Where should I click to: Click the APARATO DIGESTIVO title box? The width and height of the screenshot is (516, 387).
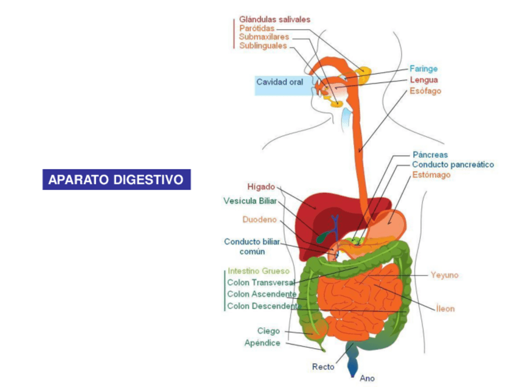pyautogui.click(x=116, y=180)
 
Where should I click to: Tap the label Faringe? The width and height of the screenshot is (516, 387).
pyautogui.click(x=423, y=69)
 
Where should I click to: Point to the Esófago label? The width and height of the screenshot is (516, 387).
pyautogui.click(x=425, y=91)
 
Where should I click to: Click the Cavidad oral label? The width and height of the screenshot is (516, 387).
pyautogui.click(x=279, y=82)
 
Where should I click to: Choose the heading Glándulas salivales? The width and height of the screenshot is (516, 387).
pyautogui.click(x=274, y=19)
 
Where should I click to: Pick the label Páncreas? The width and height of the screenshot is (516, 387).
pyautogui.click(x=430, y=155)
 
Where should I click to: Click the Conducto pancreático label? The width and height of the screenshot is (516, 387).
pyautogui.click(x=453, y=164)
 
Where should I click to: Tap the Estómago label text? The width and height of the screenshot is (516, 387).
pyautogui.click(x=431, y=175)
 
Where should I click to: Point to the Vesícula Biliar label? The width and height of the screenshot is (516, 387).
pyautogui.click(x=249, y=200)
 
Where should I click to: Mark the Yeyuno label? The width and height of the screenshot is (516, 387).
pyautogui.click(x=444, y=275)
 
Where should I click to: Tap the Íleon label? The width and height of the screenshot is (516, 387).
pyautogui.click(x=445, y=309)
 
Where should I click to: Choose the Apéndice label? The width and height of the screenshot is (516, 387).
pyautogui.click(x=262, y=343)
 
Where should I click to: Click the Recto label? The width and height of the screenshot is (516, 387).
pyautogui.click(x=323, y=366)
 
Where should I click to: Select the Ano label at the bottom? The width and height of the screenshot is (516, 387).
pyautogui.click(x=368, y=378)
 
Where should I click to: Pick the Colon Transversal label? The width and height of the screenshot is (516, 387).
pyautogui.click(x=260, y=283)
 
